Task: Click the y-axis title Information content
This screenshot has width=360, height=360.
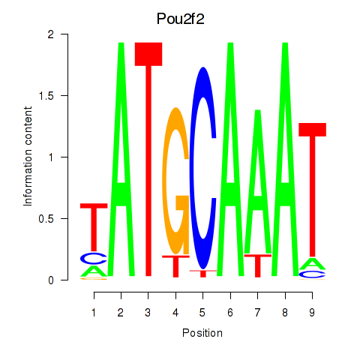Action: [x=28, y=157]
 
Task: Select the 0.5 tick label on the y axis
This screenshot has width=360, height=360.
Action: [x=50, y=218]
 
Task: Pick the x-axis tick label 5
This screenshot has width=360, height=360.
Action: [x=202, y=310]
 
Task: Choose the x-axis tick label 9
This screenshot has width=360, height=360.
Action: [x=312, y=310]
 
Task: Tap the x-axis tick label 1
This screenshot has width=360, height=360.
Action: [x=94, y=310]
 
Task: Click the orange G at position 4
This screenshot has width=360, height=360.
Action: [x=175, y=180]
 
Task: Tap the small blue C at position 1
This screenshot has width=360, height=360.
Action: [x=94, y=258]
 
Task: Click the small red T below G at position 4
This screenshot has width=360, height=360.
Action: [x=175, y=265]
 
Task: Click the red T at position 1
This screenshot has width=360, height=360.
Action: [x=94, y=225]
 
